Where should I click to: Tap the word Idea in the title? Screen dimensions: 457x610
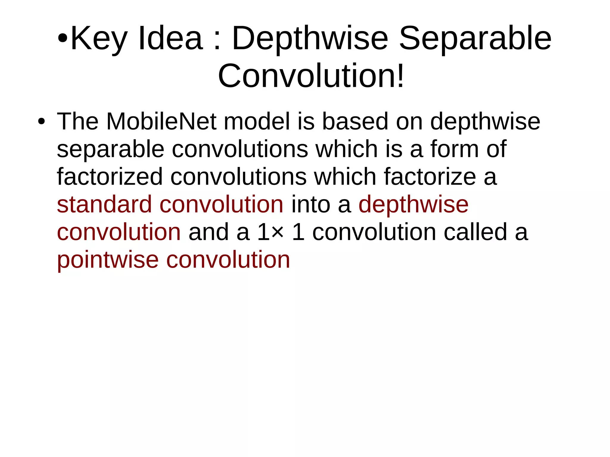click(x=170, y=39)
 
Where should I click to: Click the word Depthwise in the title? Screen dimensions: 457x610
click(x=310, y=39)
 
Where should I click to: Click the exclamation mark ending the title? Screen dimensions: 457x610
click(x=400, y=76)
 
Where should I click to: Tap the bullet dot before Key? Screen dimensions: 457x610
click(x=63, y=39)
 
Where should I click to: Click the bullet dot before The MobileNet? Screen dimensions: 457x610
click(x=41, y=122)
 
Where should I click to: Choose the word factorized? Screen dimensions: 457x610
click(x=110, y=177)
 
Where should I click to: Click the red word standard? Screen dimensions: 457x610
click(x=104, y=205)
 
